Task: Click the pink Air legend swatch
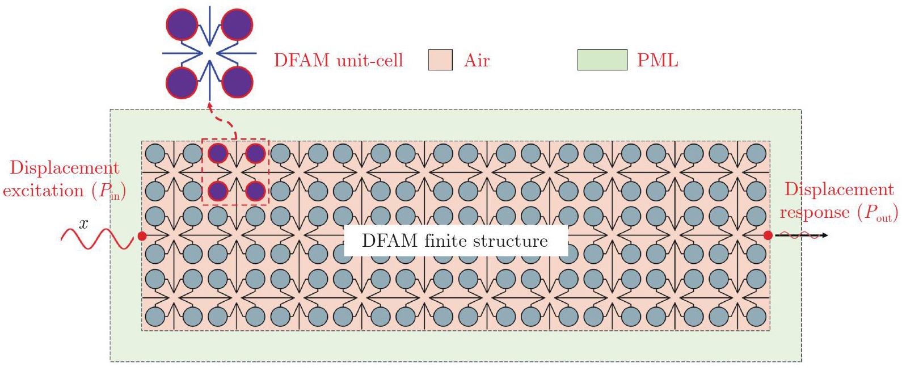(440, 60)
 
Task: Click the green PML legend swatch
(602, 60)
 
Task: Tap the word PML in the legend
(657, 60)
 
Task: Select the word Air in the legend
(477, 60)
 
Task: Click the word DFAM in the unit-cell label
(301, 60)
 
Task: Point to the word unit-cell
(370, 60)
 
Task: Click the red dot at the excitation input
(142, 236)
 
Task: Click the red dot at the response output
(768, 235)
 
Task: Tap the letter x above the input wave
(84, 224)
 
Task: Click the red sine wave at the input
(96, 239)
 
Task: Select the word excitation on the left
(43, 191)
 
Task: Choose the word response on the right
(814, 213)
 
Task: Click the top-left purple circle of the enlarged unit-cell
(182, 25)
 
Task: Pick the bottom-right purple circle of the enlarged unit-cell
(237, 82)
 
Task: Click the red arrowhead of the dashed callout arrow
(209, 105)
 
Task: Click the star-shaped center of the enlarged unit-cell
(210, 53)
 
